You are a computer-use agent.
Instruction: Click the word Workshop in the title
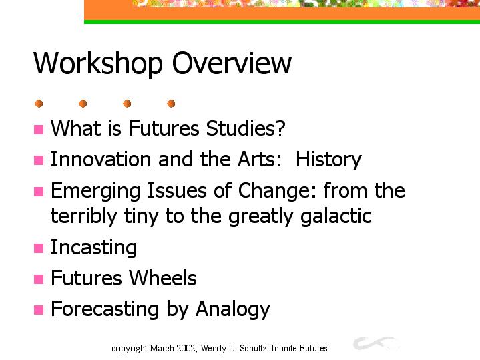click(x=98, y=63)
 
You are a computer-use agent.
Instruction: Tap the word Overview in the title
click(x=232, y=63)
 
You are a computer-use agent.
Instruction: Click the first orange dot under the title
click(x=39, y=104)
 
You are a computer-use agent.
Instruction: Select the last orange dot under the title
click(x=171, y=104)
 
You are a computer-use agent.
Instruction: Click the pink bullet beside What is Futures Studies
click(x=39, y=130)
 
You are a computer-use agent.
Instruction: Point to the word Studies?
click(x=246, y=128)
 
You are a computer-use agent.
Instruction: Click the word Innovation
click(x=101, y=159)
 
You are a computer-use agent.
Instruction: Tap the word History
click(x=328, y=160)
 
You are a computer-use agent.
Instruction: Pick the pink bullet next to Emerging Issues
click(x=39, y=192)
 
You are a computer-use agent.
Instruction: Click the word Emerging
click(x=95, y=191)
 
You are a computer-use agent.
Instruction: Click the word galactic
click(x=336, y=216)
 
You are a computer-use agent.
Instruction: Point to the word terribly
click(x=84, y=216)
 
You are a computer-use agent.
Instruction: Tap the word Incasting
click(x=93, y=248)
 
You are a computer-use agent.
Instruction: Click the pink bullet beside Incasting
click(x=39, y=248)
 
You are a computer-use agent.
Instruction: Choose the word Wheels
click(x=162, y=278)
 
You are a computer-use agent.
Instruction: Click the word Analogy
click(x=232, y=309)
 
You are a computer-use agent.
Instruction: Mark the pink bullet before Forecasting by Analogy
click(x=39, y=310)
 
